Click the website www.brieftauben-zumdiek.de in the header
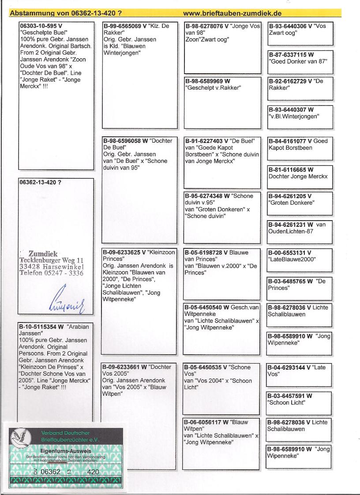(232, 13)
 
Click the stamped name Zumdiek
(43, 254)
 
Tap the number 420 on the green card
(93, 472)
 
